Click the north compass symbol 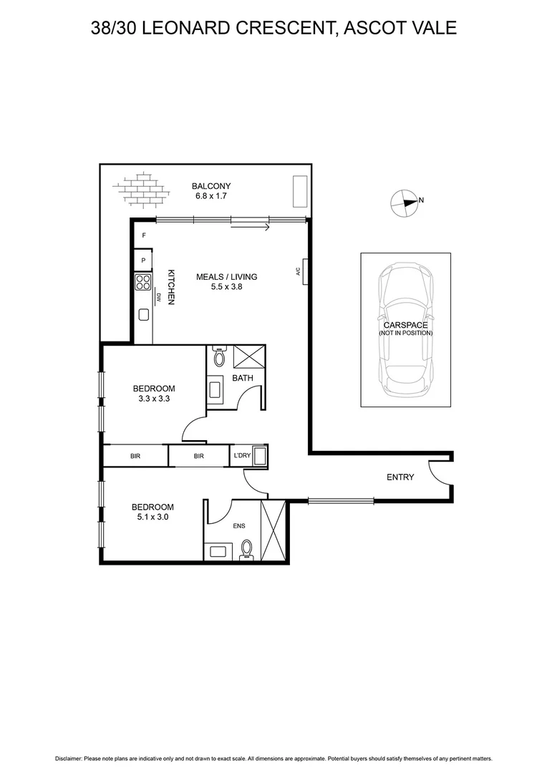click(x=404, y=203)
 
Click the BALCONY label click(x=210, y=186)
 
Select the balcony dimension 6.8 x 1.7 click(x=210, y=196)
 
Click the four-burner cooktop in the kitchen click(x=142, y=282)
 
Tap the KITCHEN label click(x=172, y=288)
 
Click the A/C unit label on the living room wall click(x=297, y=271)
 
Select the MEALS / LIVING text click(x=227, y=277)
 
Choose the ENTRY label click(x=400, y=477)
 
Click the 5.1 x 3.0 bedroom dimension click(x=153, y=515)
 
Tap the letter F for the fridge click(x=144, y=235)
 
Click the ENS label click(x=239, y=526)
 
